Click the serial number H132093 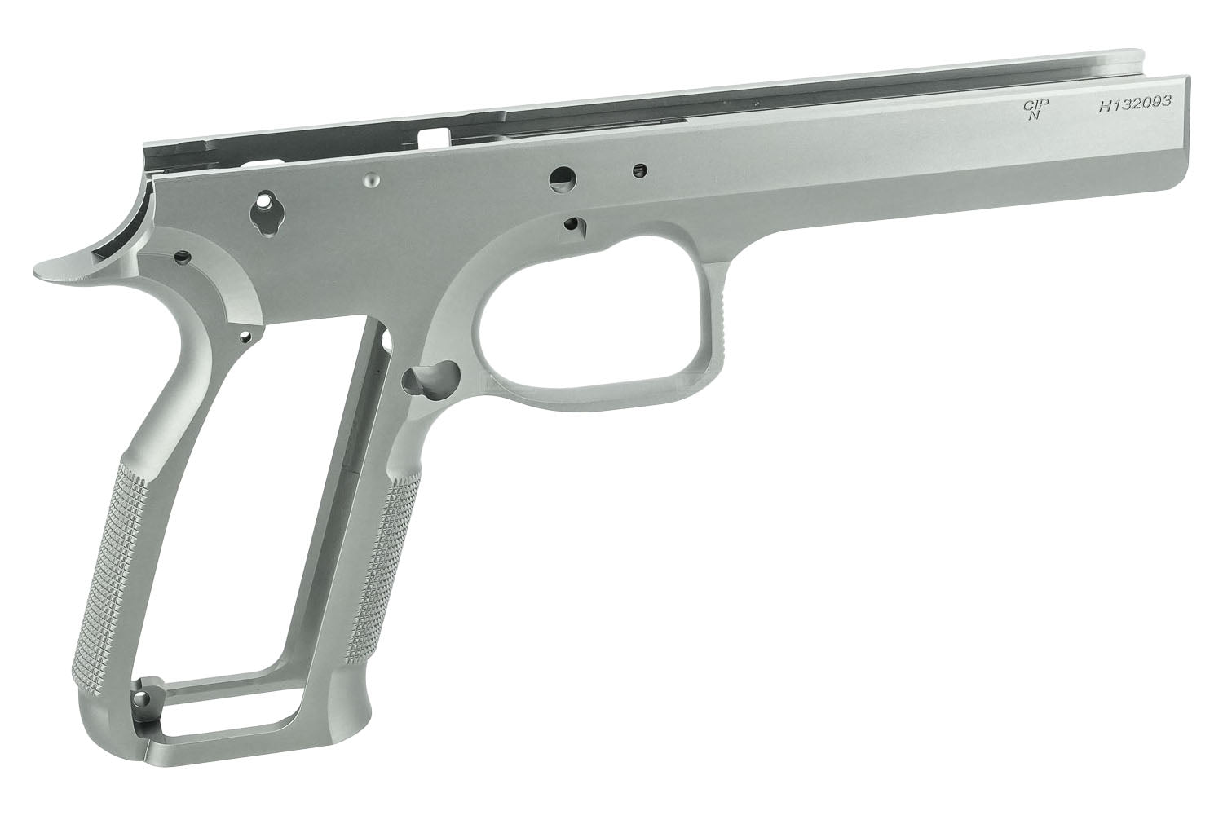pos(1135,104)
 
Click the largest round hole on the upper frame pos(563,179)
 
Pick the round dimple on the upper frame pos(372,181)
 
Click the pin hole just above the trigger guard pos(572,223)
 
